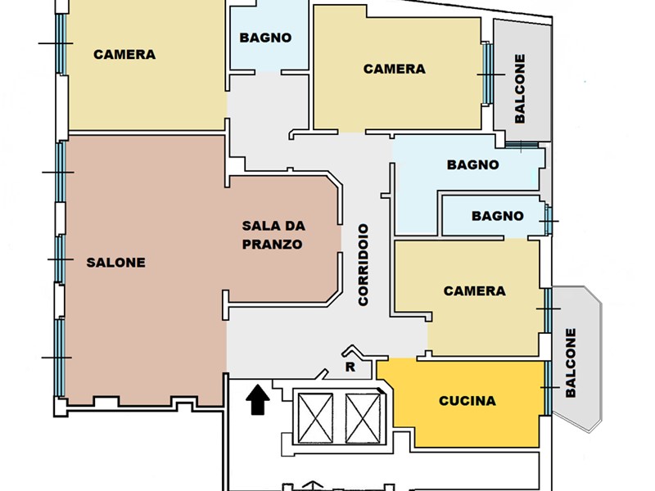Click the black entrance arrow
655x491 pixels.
pos(257,399)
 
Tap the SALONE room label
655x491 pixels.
pos(115,263)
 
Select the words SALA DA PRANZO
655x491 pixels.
pos(273,235)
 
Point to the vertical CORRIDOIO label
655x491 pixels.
pos(364,264)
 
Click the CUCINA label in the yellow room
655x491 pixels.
pos(468,401)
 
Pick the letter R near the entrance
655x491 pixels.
pos(350,367)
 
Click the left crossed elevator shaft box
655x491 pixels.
pos(316,418)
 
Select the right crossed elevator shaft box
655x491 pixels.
pos(363,418)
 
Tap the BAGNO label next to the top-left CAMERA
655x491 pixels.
pos(265,38)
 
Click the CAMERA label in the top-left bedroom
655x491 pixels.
pos(124,55)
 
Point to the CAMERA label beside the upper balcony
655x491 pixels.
pos(395,69)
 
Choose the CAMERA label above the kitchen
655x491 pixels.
pos(475,291)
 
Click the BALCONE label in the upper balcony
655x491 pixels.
pos(520,88)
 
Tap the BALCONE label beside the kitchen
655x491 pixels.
pos(571,363)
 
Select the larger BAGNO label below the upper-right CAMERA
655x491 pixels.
pos(473,165)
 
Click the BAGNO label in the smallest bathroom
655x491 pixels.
pos(498,216)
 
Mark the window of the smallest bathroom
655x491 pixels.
pos(549,220)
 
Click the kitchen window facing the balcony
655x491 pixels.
pos(548,388)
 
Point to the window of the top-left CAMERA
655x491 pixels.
pos(61,44)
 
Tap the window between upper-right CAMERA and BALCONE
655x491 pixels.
pos(487,74)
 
